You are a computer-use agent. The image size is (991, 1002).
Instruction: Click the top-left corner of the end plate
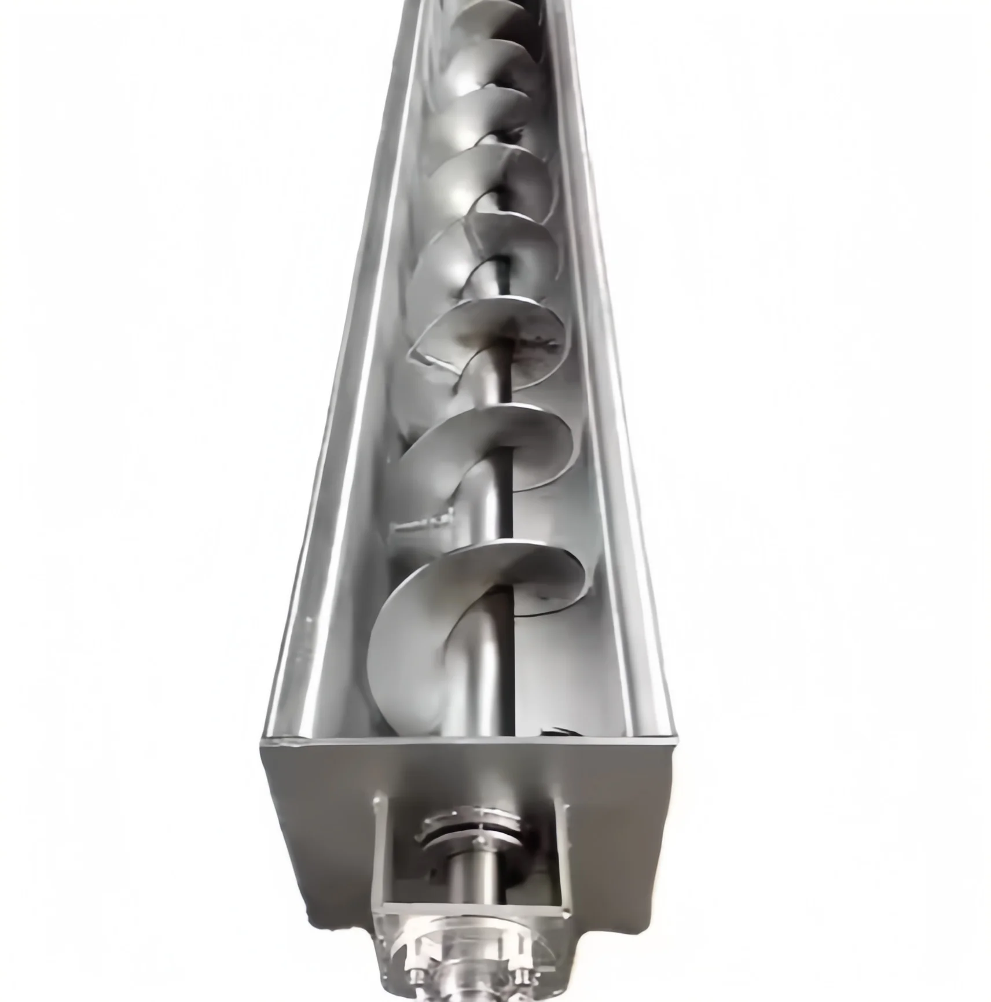coord(264,741)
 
